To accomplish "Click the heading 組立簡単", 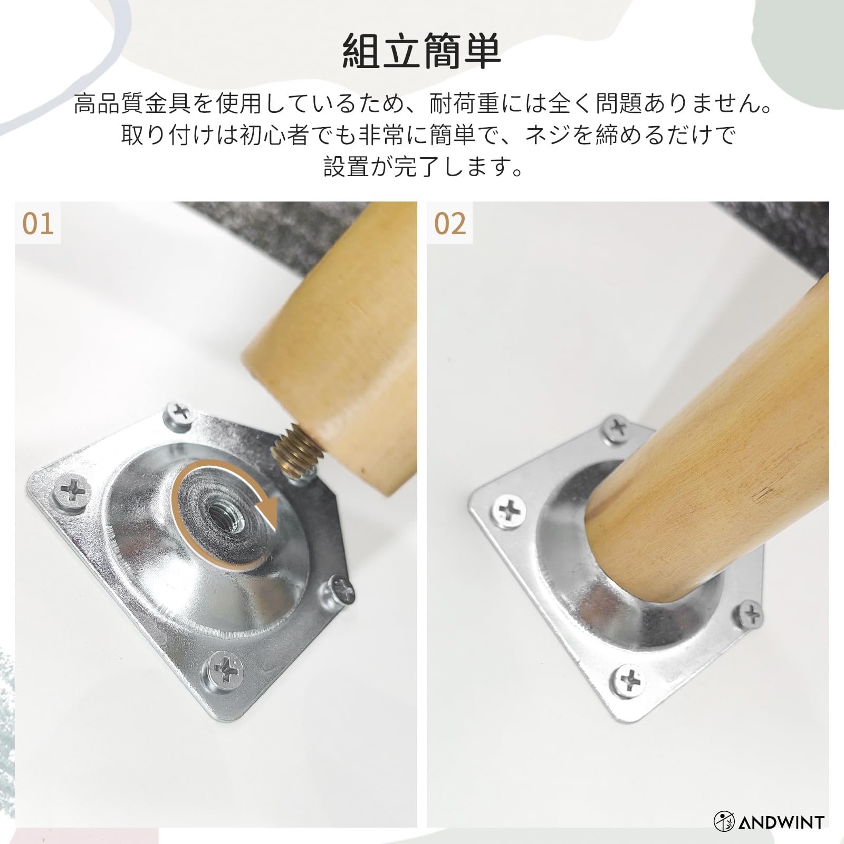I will [421, 52].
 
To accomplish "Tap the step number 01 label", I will [38, 224].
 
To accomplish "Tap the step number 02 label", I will [450, 224].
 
